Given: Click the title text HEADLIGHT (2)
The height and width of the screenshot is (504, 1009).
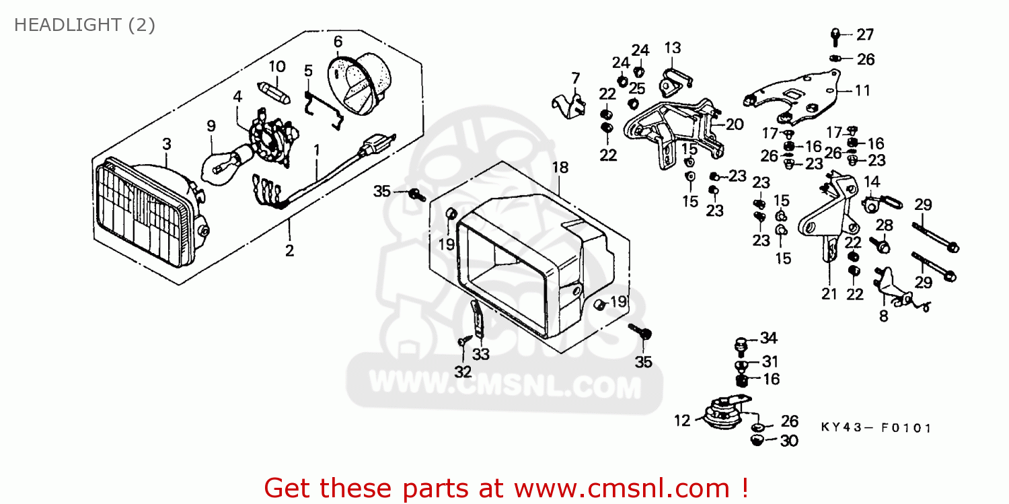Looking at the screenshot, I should click(x=85, y=26).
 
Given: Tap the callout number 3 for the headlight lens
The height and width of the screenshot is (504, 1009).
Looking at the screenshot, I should click(x=166, y=143).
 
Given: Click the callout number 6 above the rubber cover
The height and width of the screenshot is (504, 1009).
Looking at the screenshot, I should click(x=338, y=42).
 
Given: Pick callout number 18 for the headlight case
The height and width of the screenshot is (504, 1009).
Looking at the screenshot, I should click(x=560, y=166).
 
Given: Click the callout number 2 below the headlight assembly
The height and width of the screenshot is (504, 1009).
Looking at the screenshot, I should click(x=290, y=251).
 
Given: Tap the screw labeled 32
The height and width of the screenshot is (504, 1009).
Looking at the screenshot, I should click(x=463, y=342).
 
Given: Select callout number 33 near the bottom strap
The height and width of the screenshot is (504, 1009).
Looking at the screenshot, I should click(x=480, y=353).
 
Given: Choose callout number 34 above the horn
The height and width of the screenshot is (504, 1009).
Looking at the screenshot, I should click(x=768, y=338).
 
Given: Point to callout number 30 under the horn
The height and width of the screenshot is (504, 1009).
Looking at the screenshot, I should click(x=788, y=441).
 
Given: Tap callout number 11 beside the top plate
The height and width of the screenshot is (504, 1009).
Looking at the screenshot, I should click(x=862, y=89).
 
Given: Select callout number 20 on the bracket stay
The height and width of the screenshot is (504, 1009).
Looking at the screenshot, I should click(x=735, y=124).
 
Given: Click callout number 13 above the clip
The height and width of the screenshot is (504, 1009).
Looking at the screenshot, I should click(x=673, y=48).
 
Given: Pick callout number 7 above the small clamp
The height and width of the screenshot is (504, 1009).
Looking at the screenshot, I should click(x=575, y=78).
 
